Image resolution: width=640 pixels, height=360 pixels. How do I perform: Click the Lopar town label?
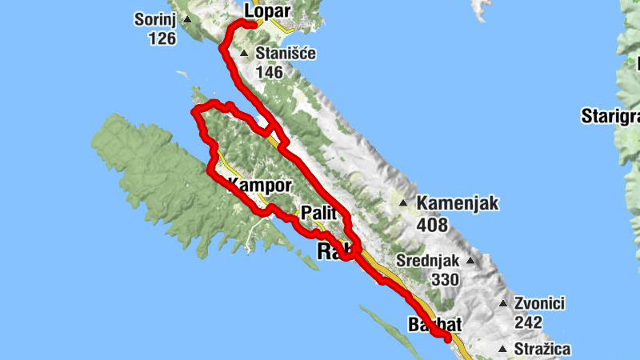point(267,10)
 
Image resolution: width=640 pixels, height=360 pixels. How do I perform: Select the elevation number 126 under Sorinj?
point(162,38)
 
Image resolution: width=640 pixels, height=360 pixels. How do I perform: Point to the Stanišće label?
point(286,54)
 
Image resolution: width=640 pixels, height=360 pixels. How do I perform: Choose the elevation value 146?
point(270,73)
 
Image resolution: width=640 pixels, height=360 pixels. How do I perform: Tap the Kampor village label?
point(261,186)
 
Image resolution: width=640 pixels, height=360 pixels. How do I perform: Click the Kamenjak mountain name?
point(458,204)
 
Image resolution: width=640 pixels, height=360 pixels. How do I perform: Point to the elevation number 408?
point(432,225)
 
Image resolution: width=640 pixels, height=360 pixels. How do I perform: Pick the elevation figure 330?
point(444,280)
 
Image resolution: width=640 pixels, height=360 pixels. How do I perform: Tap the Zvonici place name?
point(540,304)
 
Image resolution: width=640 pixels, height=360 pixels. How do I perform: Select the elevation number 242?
point(529,322)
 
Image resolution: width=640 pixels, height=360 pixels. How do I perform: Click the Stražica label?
point(542,349)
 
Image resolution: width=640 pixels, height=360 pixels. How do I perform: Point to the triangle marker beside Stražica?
point(502,350)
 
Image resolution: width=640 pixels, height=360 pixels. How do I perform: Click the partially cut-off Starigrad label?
point(610,118)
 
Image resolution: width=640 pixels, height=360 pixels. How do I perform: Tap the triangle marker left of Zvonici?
point(503,304)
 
